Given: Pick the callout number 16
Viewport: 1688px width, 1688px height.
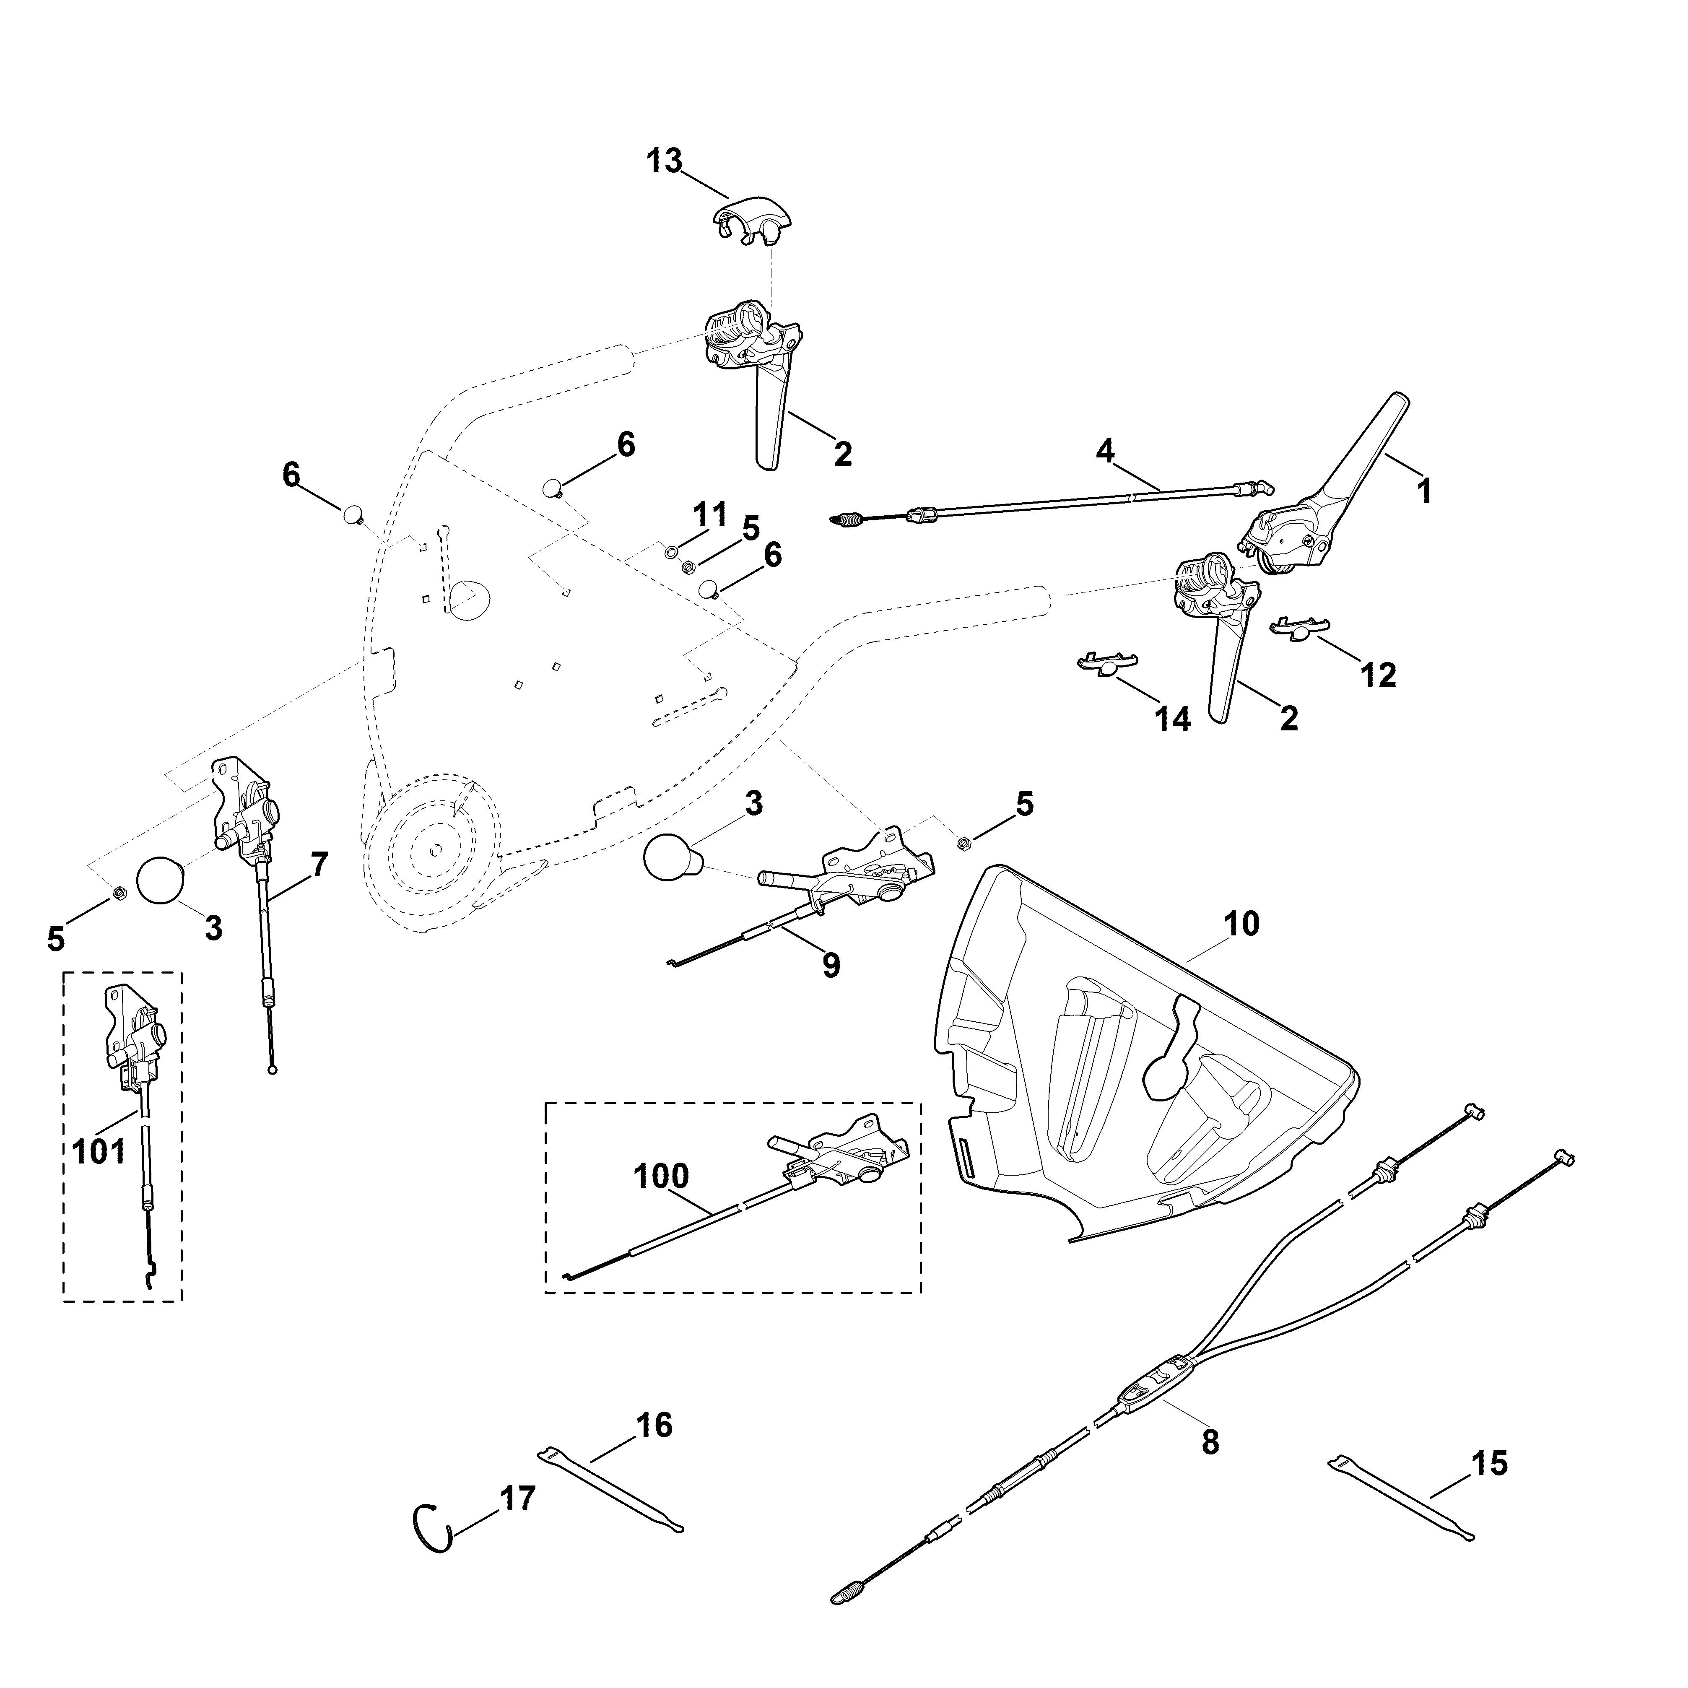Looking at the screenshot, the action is pyautogui.click(x=654, y=1425).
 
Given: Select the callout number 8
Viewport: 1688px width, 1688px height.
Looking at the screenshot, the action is pyautogui.click(x=1210, y=1441).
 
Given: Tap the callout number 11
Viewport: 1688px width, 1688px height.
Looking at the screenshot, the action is pyautogui.click(x=710, y=514).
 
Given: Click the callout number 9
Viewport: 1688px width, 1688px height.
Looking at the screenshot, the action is pyautogui.click(x=831, y=966).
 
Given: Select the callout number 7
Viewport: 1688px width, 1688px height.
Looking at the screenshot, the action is pyautogui.click(x=320, y=865).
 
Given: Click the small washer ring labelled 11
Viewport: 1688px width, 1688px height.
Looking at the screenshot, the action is pyautogui.click(x=671, y=551).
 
